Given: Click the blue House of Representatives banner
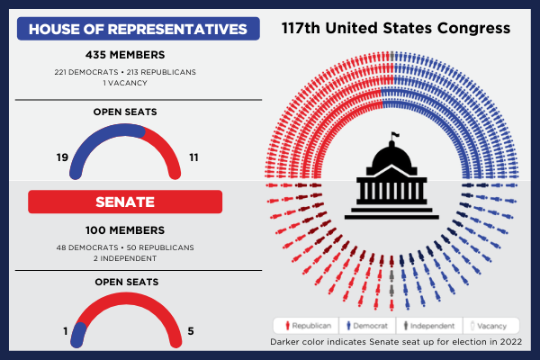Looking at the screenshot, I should (x=139, y=30).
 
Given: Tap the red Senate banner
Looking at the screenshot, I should (x=139, y=201).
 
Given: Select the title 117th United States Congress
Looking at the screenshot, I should (x=396, y=28).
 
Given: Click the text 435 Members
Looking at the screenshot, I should (x=139, y=55).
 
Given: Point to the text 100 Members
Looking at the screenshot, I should (x=139, y=229).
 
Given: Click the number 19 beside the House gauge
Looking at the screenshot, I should (x=62, y=157).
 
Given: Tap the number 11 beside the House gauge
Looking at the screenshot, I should (x=194, y=157).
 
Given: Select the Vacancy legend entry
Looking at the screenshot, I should (x=491, y=325).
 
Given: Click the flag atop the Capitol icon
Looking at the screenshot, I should (x=393, y=138).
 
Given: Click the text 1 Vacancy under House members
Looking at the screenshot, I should (x=139, y=83).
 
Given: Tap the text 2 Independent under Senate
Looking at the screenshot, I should (x=139, y=258).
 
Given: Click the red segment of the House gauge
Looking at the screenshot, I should (x=164, y=142).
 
